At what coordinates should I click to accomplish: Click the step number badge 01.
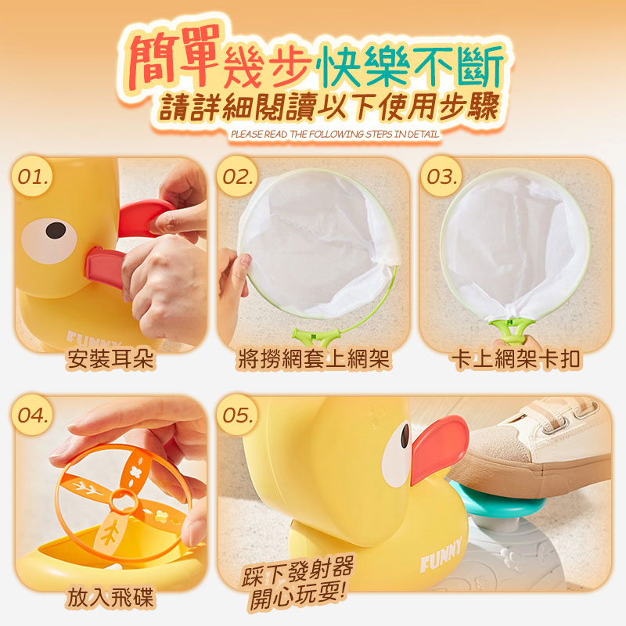pos(34,177)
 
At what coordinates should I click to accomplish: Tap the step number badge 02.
pos(238,177)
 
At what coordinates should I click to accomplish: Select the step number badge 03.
pos(441,177)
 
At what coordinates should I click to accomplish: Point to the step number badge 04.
pos(34,416)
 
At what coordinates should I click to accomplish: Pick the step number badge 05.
pos(238,416)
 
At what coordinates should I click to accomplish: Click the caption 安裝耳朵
pos(110,359)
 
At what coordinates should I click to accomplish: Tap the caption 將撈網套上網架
pos(314,359)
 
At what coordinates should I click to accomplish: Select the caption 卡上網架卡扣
pos(516,359)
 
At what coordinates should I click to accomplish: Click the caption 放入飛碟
pos(110,598)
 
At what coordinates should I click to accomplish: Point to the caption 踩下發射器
pos(298,572)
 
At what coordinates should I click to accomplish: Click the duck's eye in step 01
pos(49,241)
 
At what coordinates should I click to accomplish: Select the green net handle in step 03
pos(512,329)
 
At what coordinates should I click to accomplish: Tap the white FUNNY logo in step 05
pos(441,554)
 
